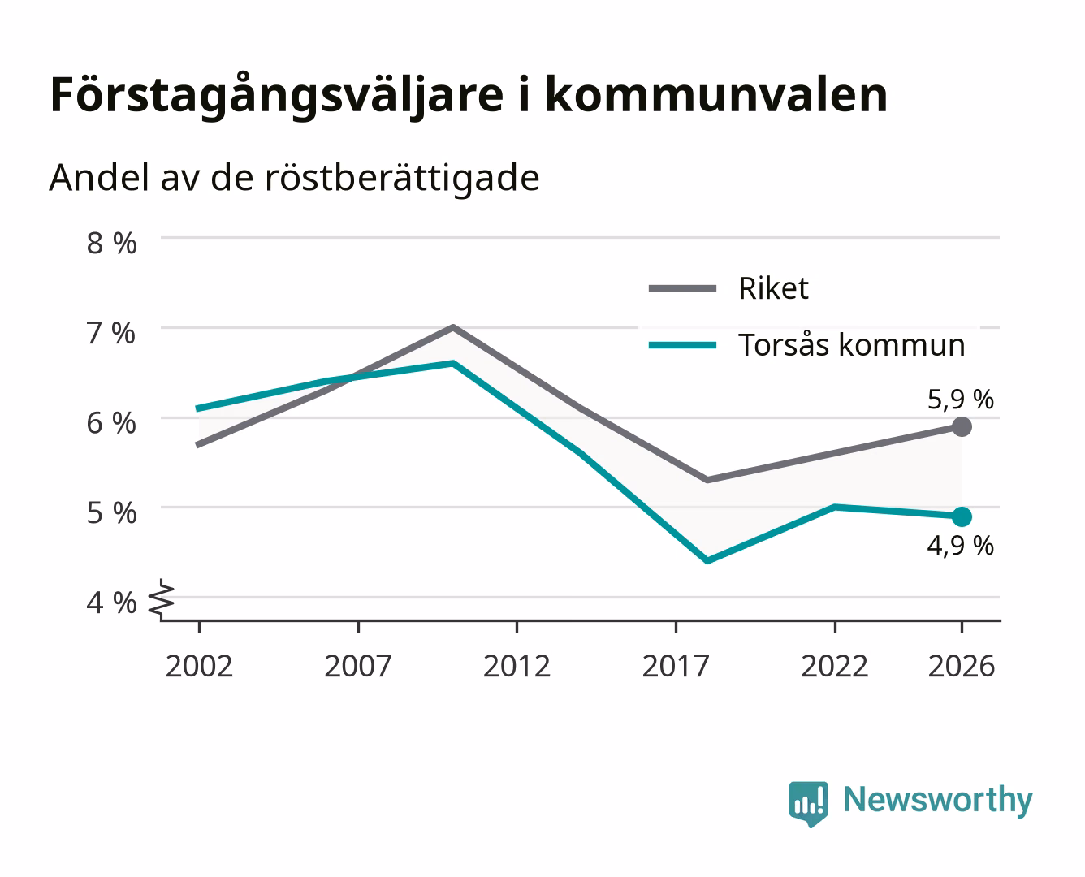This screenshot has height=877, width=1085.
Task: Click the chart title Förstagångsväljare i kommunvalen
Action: coord(469,96)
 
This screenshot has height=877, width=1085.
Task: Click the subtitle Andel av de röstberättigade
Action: coord(295,179)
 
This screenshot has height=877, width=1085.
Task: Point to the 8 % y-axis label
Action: coord(111,243)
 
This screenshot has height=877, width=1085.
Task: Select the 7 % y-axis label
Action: coord(111,334)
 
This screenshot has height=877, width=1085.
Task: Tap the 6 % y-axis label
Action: coord(111,423)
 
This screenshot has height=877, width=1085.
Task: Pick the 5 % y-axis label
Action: coord(111,513)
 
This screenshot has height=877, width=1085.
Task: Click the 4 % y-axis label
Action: coord(111,603)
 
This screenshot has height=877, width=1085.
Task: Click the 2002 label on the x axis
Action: coord(199,666)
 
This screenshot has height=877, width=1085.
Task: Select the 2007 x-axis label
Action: coord(358,666)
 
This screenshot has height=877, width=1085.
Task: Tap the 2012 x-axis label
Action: coord(517,666)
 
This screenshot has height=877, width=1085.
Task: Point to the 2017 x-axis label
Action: coord(676,666)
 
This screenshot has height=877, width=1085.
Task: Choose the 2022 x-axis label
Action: coord(835,666)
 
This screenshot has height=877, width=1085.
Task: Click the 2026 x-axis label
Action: coord(962,666)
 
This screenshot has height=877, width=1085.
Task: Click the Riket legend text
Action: coord(773,289)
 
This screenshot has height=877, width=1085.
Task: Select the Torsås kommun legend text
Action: coord(852,345)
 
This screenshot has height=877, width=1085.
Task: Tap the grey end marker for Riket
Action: coord(962,426)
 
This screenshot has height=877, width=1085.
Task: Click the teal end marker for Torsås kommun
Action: coord(962,517)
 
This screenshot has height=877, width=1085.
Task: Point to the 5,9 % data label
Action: coord(961,400)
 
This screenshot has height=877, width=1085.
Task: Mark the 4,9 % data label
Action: coord(961,546)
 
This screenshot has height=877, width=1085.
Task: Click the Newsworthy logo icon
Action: coord(809,804)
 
